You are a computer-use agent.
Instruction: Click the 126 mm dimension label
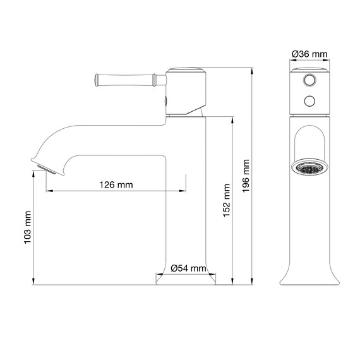(116, 185)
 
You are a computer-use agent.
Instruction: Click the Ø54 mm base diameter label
(188, 269)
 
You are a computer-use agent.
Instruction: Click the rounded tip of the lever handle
(96, 79)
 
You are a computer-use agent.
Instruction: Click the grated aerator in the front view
(309, 169)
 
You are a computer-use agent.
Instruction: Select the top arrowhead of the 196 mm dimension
(252, 69)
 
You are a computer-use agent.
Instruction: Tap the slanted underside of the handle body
(200, 112)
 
